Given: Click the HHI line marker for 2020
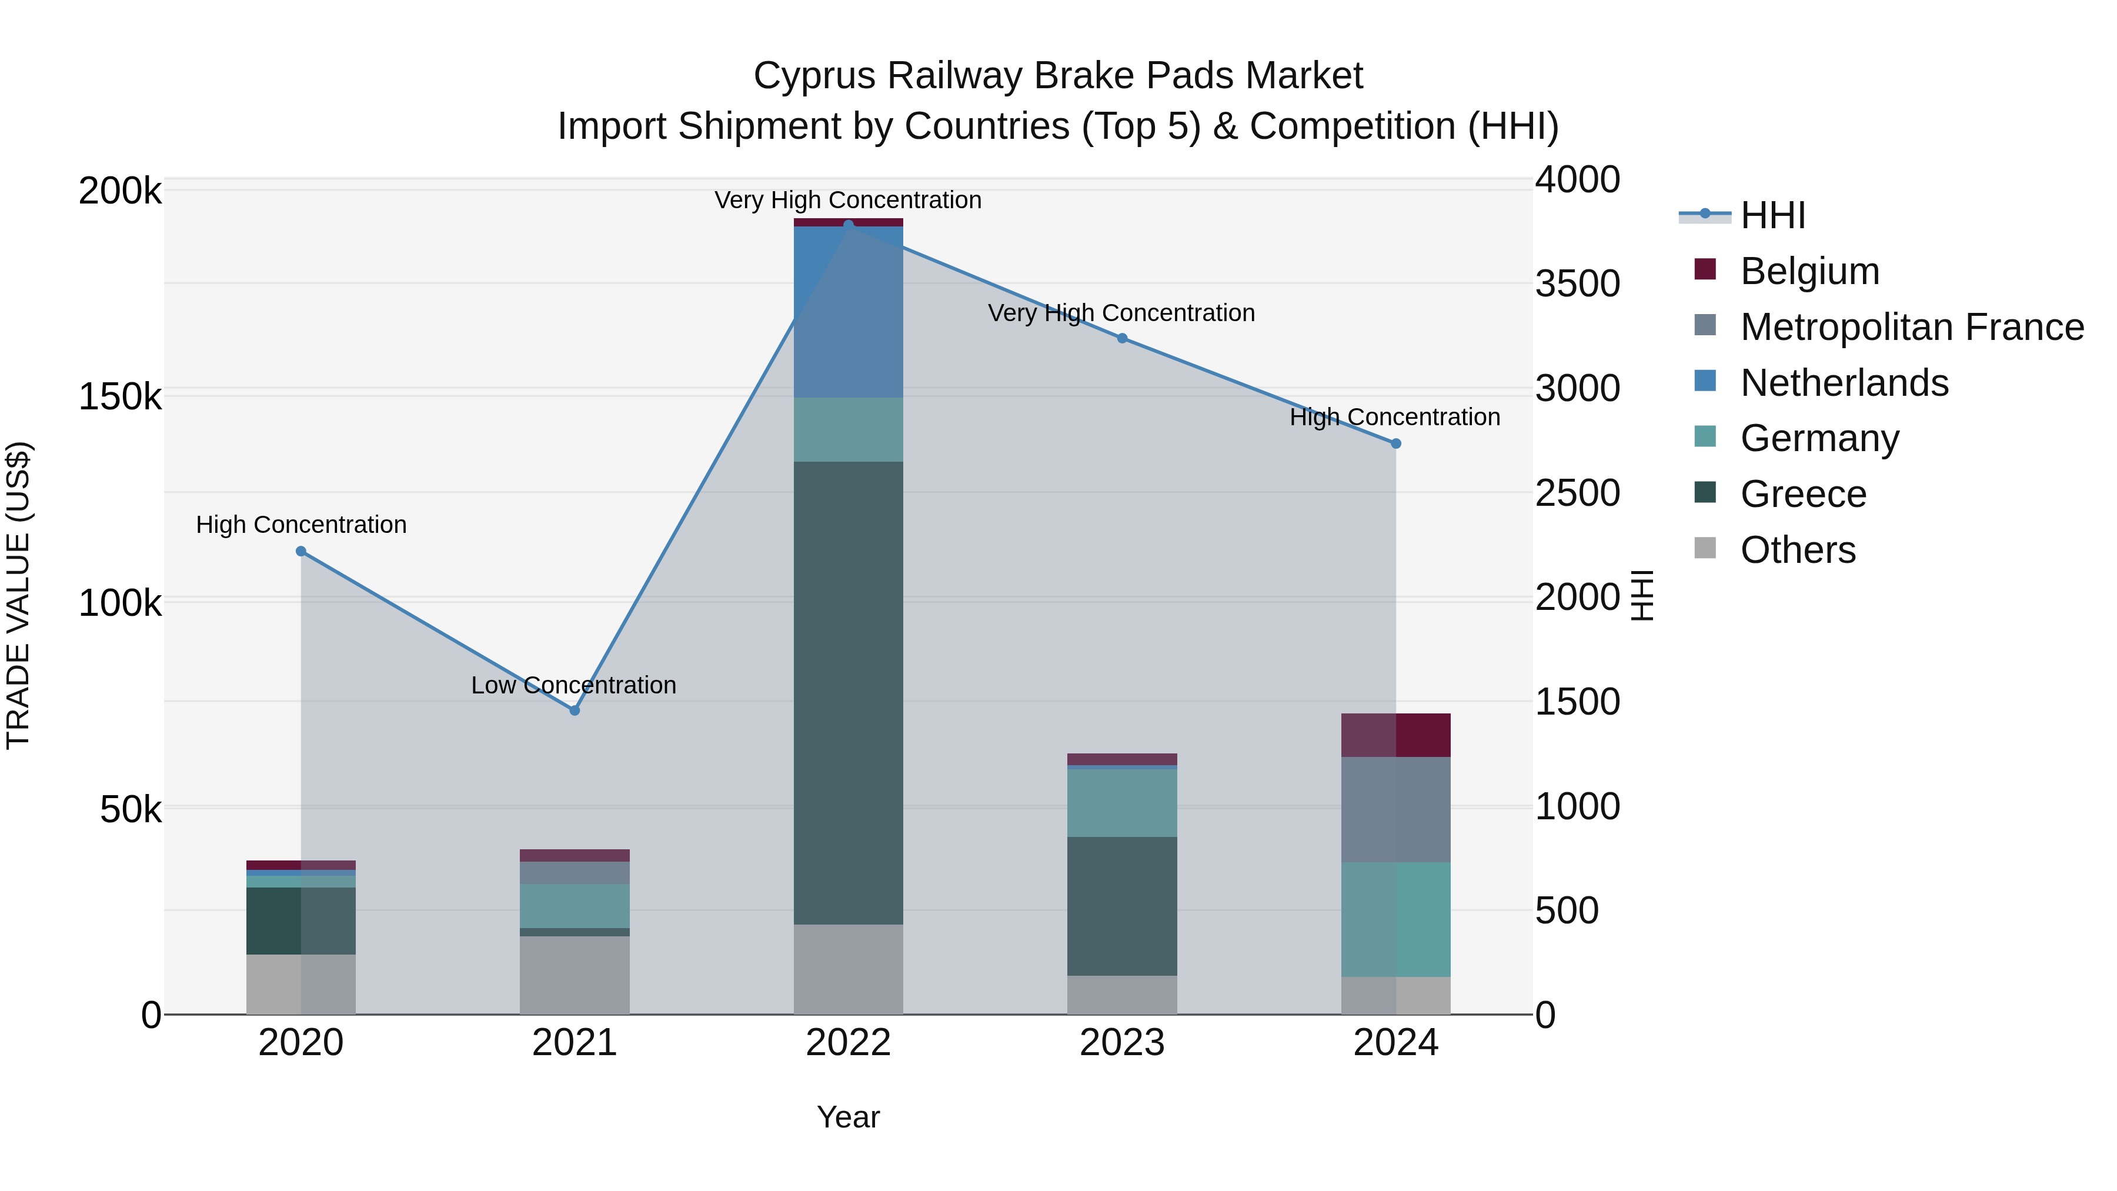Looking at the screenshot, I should pyautogui.click(x=300, y=552).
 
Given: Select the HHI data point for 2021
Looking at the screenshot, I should pyautogui.click(x=575, y=710).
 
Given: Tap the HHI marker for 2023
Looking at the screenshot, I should pyautogui.click(x=1122, y=338).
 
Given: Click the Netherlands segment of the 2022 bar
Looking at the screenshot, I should pyautogui.click(x=848, y=312).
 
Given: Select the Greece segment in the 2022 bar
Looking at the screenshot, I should pyautogui.click(x=848, y=693).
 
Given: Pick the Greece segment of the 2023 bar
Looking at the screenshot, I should pyautogui.click(x=1122, y=906).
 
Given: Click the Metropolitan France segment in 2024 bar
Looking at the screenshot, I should pyautogui.click(x=1395, y=810).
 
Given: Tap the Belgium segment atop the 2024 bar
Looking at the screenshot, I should pyautogui.click(x=1395, y=735).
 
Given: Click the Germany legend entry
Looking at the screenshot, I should pyautogui.click(x=1819, y=438).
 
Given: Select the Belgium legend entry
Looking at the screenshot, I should pyautogui.click(x=1809, y=271).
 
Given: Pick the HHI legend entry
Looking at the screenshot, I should pyautogui.click(x=1772, y=215).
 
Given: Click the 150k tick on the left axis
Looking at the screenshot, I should pyautogui.click(x=120, y=397).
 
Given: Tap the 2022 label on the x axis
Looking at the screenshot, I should pyautogui.click(x=848, y=1043).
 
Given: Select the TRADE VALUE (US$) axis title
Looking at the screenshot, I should pyautogui.click(x=18, y=595).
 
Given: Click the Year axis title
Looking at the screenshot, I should pyautogui.click(x=848, y=1117).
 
